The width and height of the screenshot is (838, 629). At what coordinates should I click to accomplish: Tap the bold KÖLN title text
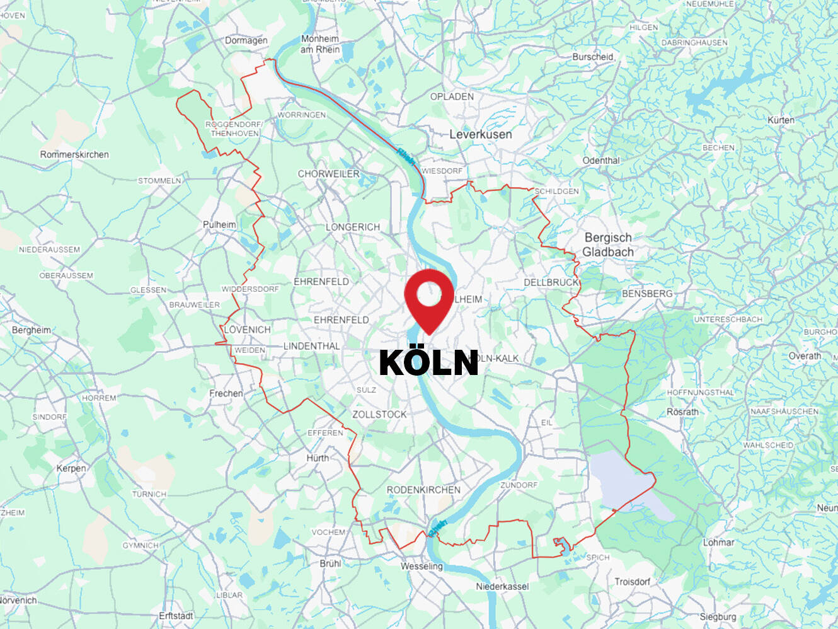pos(428,362)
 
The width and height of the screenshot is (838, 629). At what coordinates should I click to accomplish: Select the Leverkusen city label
pos(480,134)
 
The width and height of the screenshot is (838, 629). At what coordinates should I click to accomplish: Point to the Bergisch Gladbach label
pos(608,245)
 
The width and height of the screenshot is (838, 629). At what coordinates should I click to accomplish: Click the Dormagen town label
pos(246,40)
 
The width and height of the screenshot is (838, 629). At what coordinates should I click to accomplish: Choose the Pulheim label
pos(219,224)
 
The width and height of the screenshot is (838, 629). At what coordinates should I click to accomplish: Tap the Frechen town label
pos(226,393)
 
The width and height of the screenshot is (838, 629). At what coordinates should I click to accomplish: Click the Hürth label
pos(318,458)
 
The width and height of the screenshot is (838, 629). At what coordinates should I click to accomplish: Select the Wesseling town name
pos(422,566)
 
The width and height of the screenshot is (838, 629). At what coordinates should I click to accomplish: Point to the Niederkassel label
pos(502,586)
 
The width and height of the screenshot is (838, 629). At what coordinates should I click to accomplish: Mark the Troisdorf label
pos(632,581)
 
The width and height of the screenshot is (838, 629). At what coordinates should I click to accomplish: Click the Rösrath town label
pos(682,412)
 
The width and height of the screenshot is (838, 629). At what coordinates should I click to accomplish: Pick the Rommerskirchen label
pos(74,154)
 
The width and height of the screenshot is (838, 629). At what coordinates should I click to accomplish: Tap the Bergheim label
pos(32,330)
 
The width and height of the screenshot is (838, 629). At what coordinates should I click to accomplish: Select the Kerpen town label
pos(71,468)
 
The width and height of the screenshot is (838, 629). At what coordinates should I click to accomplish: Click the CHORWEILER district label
pos(328,173)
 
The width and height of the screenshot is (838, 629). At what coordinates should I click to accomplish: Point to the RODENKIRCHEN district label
pos(423,490)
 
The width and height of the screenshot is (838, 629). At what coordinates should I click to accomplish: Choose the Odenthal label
pos(601,161)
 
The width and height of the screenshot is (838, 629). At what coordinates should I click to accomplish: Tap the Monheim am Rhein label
pos(320,44)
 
